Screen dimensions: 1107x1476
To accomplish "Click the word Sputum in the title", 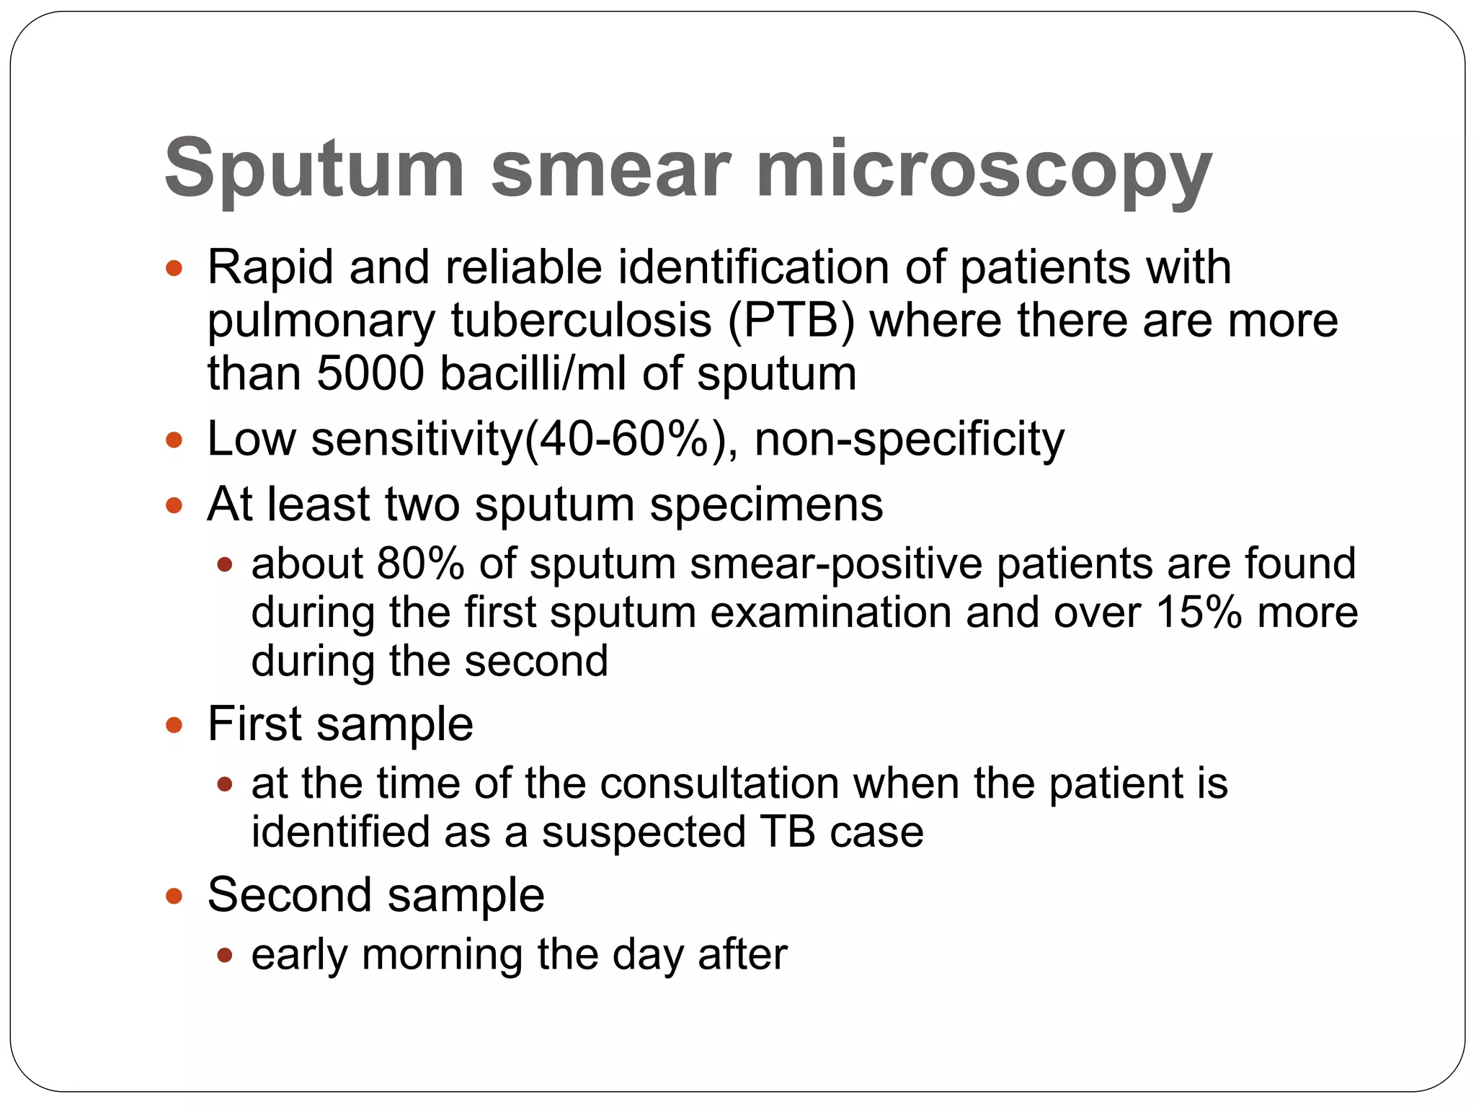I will coord(314,169).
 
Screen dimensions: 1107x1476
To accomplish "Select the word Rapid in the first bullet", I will coord(270,268).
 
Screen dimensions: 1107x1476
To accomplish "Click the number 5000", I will coord(370,374).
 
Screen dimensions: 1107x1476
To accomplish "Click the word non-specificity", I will coord(909,439).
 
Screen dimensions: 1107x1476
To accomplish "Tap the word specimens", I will coord(765,504).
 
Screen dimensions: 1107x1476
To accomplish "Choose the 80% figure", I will coord(420,564).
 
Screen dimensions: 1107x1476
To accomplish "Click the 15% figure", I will coord(1199,613).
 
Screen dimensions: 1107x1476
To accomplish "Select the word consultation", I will coord(719,783).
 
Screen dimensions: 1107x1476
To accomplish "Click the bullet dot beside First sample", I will coord(174,724).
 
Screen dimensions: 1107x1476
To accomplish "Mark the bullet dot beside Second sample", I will coord(174,896).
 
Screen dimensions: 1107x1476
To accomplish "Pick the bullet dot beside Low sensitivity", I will coord(174,439).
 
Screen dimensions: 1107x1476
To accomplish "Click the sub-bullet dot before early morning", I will coord(225,956).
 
